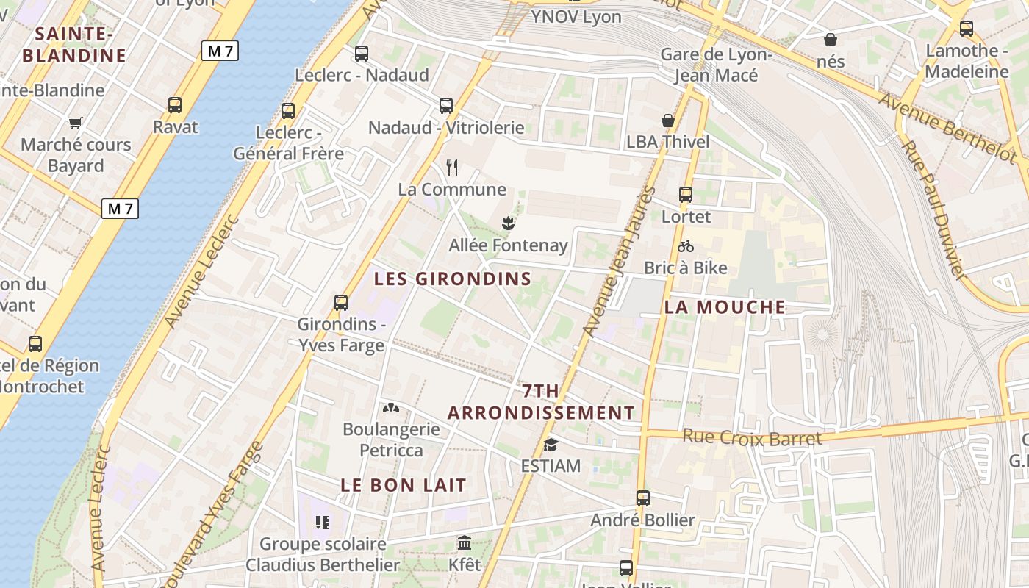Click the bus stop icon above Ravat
174,105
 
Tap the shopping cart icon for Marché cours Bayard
75,123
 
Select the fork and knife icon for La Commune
452,168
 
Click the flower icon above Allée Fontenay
507,222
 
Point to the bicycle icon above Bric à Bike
686,246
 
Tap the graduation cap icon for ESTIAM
551,445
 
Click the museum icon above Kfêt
465,543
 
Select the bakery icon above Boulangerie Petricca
390,407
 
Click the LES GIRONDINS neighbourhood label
452,279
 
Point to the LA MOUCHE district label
725,307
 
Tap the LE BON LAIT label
404,485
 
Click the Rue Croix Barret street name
752,437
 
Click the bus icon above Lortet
686,195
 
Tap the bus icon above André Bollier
643,498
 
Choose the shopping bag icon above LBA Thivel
668,121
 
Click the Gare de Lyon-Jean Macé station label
716,65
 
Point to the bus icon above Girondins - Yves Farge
341,302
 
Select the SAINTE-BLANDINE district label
74,45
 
